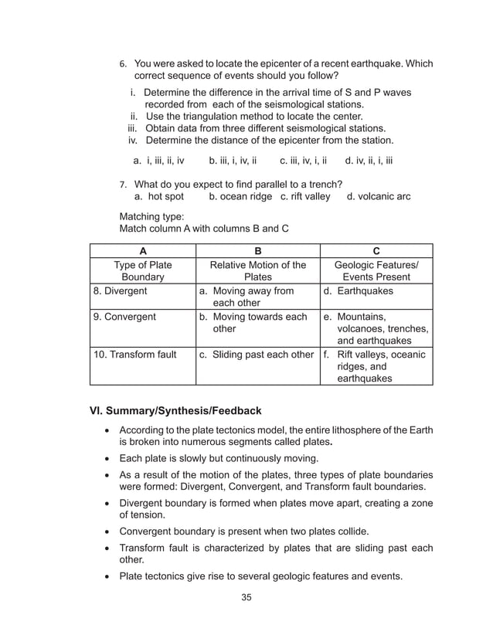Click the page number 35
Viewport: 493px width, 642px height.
tap(246, 596)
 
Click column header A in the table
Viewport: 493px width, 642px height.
tap(142, 251)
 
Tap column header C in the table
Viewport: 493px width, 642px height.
tap(376, 251)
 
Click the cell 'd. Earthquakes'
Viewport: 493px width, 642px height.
tap(359, 291)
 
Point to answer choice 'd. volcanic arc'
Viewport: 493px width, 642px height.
tap(379, 196)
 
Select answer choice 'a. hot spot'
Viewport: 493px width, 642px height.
tap(159, 196)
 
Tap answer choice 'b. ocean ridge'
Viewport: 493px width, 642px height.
tap(240, 196)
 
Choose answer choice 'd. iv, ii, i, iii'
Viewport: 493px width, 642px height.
tap(369, 161)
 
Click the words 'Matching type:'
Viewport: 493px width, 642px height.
tap(151, 217)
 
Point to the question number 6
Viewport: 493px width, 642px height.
tap(122, 63)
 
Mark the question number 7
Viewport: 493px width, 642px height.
tap(122, 185)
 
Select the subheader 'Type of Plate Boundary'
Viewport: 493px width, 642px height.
tap(142, 270)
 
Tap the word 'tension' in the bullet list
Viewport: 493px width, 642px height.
tap(147, 515)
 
